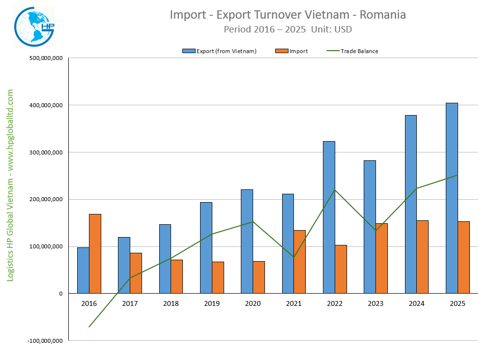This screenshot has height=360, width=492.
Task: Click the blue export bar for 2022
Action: (x=329, y=217)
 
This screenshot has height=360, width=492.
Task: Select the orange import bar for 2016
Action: (x=95, y=253)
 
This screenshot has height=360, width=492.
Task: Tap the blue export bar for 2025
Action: (x=452, y=198)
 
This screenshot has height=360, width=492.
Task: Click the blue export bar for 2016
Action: (x=83, y=270)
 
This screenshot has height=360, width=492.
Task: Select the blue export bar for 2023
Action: (x=370, y=227)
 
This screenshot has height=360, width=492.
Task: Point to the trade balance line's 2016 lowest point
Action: (x=89, y=327)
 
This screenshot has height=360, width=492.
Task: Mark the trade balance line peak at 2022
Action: (x=335, y=190)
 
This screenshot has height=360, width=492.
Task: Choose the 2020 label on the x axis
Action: (x=253, y=303)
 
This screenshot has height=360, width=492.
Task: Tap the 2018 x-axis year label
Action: (x=171, y=303)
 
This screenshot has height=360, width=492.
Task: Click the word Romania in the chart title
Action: (x=383, y=15)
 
